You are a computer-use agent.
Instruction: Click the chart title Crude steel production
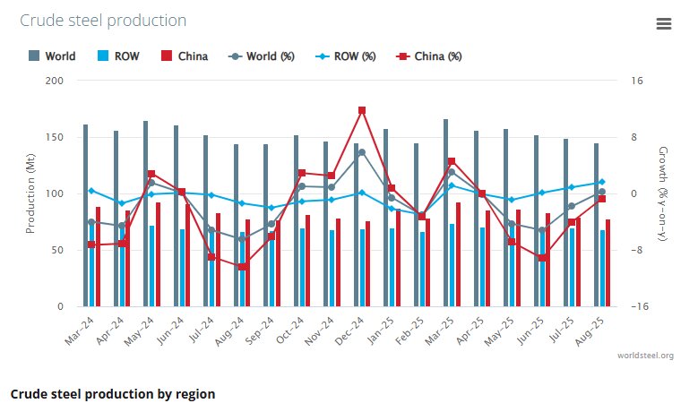coord(104,21)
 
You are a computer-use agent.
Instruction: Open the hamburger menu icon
coord(664,24)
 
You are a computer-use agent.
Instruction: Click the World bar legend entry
coord(53,56)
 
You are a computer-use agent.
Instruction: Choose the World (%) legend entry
coord(263,56)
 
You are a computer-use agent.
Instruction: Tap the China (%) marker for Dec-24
coord(362,110)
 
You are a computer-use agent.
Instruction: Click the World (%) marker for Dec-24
coord(362,152)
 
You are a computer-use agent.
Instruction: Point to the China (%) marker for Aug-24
coord(242,267)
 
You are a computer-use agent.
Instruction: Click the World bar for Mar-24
coord(86,215)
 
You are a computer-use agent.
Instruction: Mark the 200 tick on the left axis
coord(55,81)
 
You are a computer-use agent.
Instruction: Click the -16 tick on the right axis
coord(639,306)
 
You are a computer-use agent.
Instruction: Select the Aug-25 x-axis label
coord(593,334)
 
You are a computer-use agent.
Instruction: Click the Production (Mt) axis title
coord(30,194)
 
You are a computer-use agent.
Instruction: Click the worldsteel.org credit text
coord(645,356)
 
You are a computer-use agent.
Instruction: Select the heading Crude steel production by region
coord(113,394)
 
